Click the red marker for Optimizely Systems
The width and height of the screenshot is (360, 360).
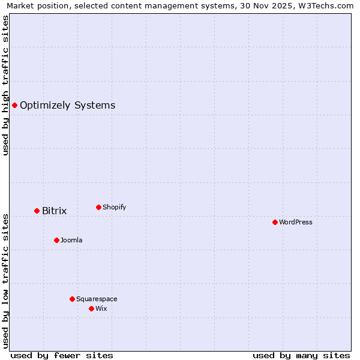click(14, 106)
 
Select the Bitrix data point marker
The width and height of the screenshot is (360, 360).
click(37, 211)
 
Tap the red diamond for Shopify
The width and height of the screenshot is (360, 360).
click(98, 207)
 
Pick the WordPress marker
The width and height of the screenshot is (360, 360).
click(275, 222)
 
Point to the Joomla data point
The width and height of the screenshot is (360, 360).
click(56, 240)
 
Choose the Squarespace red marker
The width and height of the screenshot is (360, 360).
click(72, 299)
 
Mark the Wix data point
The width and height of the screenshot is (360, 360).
click(91, 308)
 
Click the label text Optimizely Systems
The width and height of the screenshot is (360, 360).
click(67, 106)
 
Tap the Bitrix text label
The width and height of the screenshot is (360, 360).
click(54, 211)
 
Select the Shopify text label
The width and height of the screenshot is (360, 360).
click(114, 207)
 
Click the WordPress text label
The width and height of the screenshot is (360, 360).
click(295, 222)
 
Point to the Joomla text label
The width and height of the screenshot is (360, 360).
click(71, 240)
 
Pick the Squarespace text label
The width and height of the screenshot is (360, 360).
click(97, 299)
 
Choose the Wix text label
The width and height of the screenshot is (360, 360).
click(101, 308)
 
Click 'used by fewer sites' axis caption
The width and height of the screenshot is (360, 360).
click(62, 355)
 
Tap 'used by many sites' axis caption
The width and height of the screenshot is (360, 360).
click(301, 355)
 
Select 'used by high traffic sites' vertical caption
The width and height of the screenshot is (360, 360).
click(5, 85)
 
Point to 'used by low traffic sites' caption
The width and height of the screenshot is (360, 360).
click(5, 281)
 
